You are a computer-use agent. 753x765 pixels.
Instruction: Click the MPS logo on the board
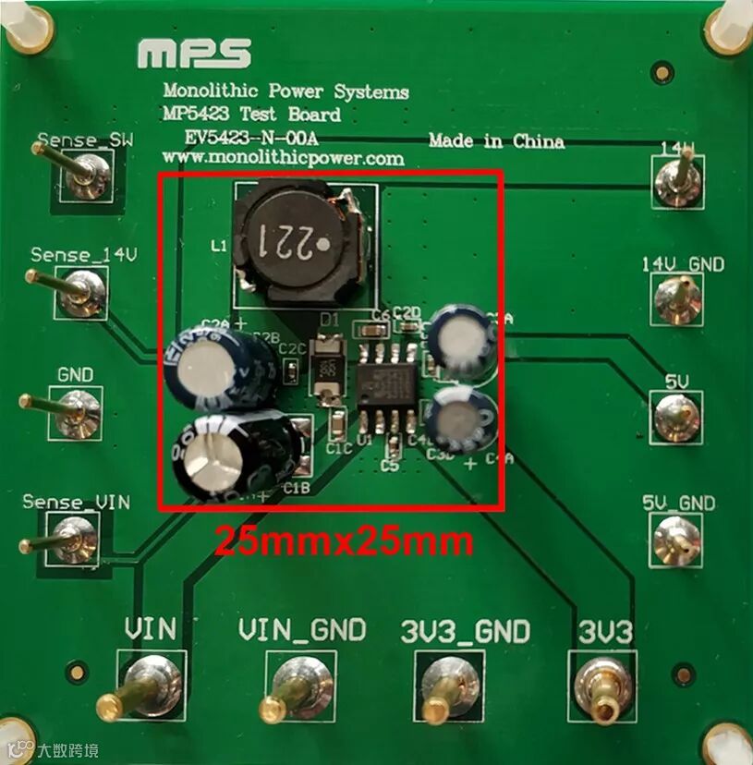(193, 55)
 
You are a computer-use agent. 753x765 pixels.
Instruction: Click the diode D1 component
(327, 370)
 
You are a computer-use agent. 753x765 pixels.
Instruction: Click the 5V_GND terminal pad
(676, 541)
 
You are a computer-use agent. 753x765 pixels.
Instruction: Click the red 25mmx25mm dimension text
(344, 540)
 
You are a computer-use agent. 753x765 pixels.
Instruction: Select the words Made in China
(496, 141)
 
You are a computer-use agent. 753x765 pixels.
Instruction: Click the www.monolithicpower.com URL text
(283, 159)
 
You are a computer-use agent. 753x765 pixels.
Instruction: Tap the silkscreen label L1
(219, 247)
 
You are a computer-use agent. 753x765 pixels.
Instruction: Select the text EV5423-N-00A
(250, 138)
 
